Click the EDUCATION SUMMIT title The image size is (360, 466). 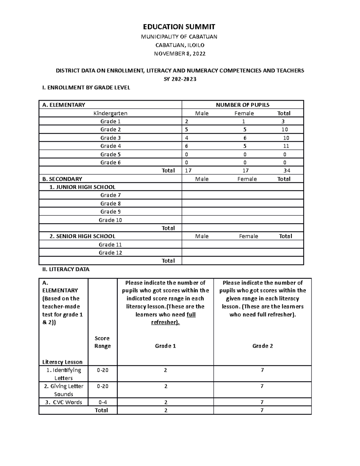pyautogui.click(x=179, y=27)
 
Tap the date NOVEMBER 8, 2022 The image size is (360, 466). pyautogui.click(x=180, y=54)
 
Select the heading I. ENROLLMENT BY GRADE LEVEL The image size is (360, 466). pyautogui.click(x=86, y=88)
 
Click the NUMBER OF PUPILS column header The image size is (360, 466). pyautogui.click(x=243, y=105)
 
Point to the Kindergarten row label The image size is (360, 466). pyautogui.click(x=110, y=113)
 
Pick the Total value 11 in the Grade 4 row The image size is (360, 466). pyautogui.click(x=286, y=146)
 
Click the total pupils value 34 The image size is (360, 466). pyautogui.click(x=287, y=170)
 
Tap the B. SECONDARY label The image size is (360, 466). pyautogui.click(x=62, y=179)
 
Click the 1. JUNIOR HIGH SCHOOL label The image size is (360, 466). pyautogui.click(x=82, y=187)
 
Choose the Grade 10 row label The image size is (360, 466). pyautogui.click(x=110, y=220)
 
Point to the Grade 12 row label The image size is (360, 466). pyautogui.click(x=110, y=253)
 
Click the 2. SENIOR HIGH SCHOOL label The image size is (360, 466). pyautogui.click(x=82, y=236)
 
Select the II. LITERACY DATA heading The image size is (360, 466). pyautogui.click(x=66, y=269)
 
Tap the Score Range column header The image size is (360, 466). pyautogui.click(x=102, y=342)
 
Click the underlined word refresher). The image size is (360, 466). pyautogui.click(x=165, y=322)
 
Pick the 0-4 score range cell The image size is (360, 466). pyautogui.click(x=103, y=402)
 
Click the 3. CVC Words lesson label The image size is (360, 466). pyautogui.click(x=63, y=402)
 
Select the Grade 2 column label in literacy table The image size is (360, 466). pyautogui.click(x=262, y=346)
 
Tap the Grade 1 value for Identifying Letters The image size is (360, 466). pyautogui.click(x=165, y=370)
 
